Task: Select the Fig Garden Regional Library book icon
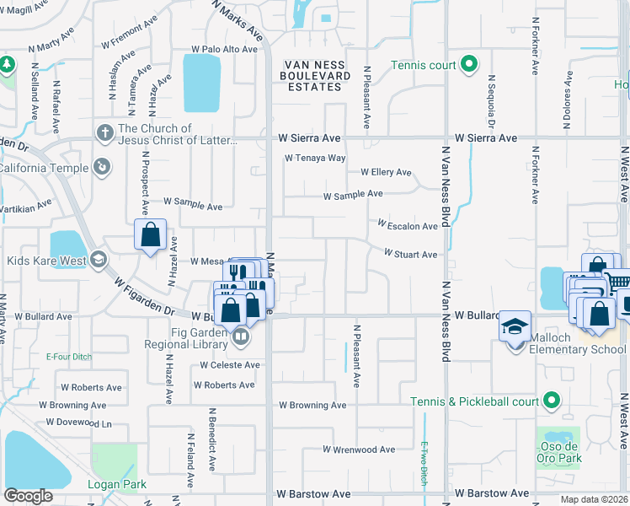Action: (241, 338)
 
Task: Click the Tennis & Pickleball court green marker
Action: (552, 401)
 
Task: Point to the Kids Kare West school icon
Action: (99, 259)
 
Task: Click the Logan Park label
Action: (117, 484)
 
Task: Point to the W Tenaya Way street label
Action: (315, 158)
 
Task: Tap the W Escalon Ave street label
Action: (408, 226)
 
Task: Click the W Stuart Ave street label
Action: (410, 254)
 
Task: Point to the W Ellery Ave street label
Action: (386, 172)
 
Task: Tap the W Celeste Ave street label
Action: (229, 365)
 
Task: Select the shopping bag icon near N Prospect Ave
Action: (150, 234)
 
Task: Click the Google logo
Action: (29, 496)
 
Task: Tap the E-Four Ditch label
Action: (70, 357)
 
